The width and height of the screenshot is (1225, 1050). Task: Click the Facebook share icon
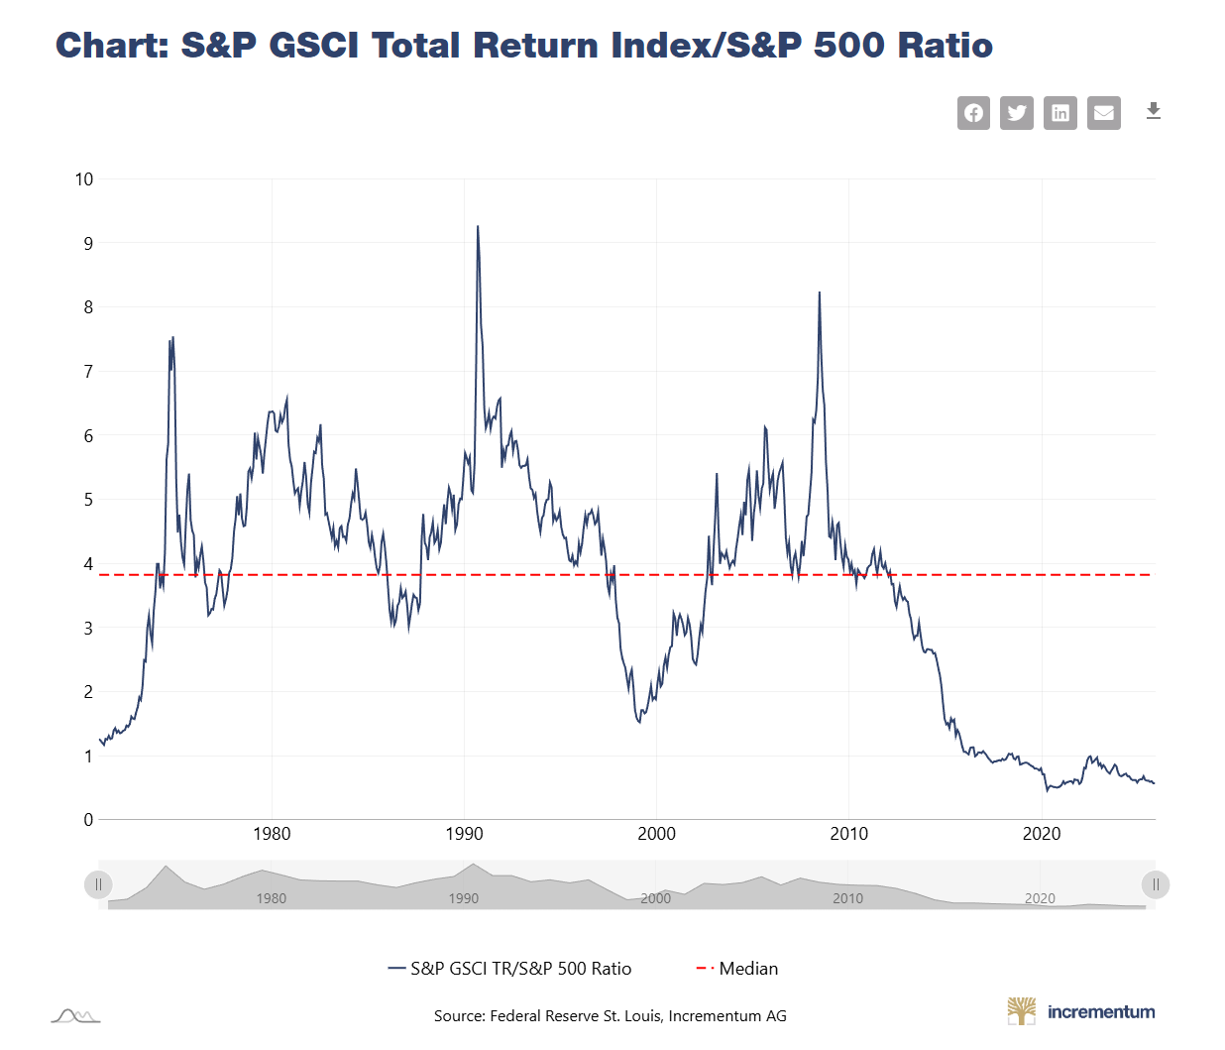click(x=973, y=113)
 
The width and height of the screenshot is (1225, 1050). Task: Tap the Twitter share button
click(x=1017, y=113)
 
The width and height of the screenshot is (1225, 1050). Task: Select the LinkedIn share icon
click(x=1060, y=113)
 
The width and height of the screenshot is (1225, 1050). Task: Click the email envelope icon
click(x=1104, y=113)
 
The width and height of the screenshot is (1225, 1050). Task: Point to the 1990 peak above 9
click(x=478, y=227)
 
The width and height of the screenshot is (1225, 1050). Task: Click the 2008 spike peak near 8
click(x=820, y=293)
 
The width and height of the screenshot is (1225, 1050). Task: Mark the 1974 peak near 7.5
click(x=172, y=338)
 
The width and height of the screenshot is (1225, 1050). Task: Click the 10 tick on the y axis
click(x=84, y=179)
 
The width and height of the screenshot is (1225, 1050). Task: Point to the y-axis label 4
click(x=88, y=564)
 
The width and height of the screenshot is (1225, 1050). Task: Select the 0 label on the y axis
click(x=88, y=820)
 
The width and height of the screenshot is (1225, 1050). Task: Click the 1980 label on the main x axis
click(x=272, y=834)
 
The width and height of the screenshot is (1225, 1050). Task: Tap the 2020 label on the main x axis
click(x=1042, y=834)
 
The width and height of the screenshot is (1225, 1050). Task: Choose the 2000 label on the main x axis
click(x=656, y=834)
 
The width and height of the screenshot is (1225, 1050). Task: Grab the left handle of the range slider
click(x=98, y=884)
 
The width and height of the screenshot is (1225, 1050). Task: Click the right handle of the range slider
click(x=1156, y=884)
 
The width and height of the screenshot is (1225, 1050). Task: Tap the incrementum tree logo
click(x=1021, y=1011)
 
